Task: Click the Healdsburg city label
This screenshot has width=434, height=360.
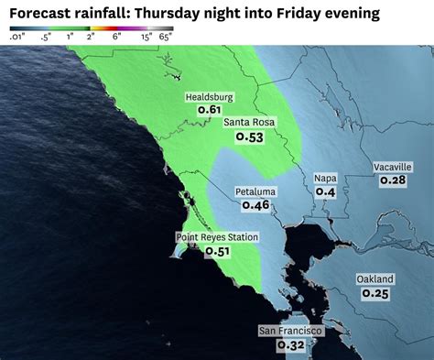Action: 210,97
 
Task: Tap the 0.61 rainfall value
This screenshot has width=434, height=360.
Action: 210,110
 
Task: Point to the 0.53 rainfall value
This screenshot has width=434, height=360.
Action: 249,137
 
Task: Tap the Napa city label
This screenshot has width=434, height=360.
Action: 325,179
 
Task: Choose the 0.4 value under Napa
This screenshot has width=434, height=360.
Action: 325,192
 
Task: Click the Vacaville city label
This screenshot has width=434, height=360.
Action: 393,167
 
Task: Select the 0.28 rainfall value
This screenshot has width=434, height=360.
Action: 393,180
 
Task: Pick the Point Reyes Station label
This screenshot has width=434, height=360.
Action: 217,237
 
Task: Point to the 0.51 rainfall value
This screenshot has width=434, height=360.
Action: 217,251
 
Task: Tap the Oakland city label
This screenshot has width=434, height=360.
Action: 375,279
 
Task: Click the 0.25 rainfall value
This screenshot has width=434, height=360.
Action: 375,293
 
